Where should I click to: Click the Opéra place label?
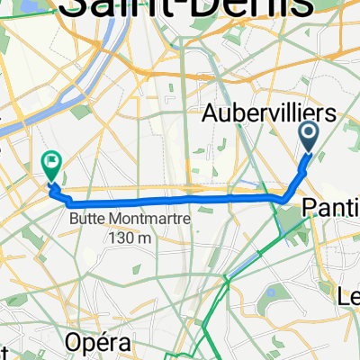pos(99,343)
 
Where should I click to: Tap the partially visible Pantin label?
pos(330,208)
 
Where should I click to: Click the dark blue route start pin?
pos(309,138)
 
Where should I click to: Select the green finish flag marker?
pos(51,164)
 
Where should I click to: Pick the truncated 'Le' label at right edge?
pos(348,296)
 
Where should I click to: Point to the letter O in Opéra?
pos(73,343)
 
